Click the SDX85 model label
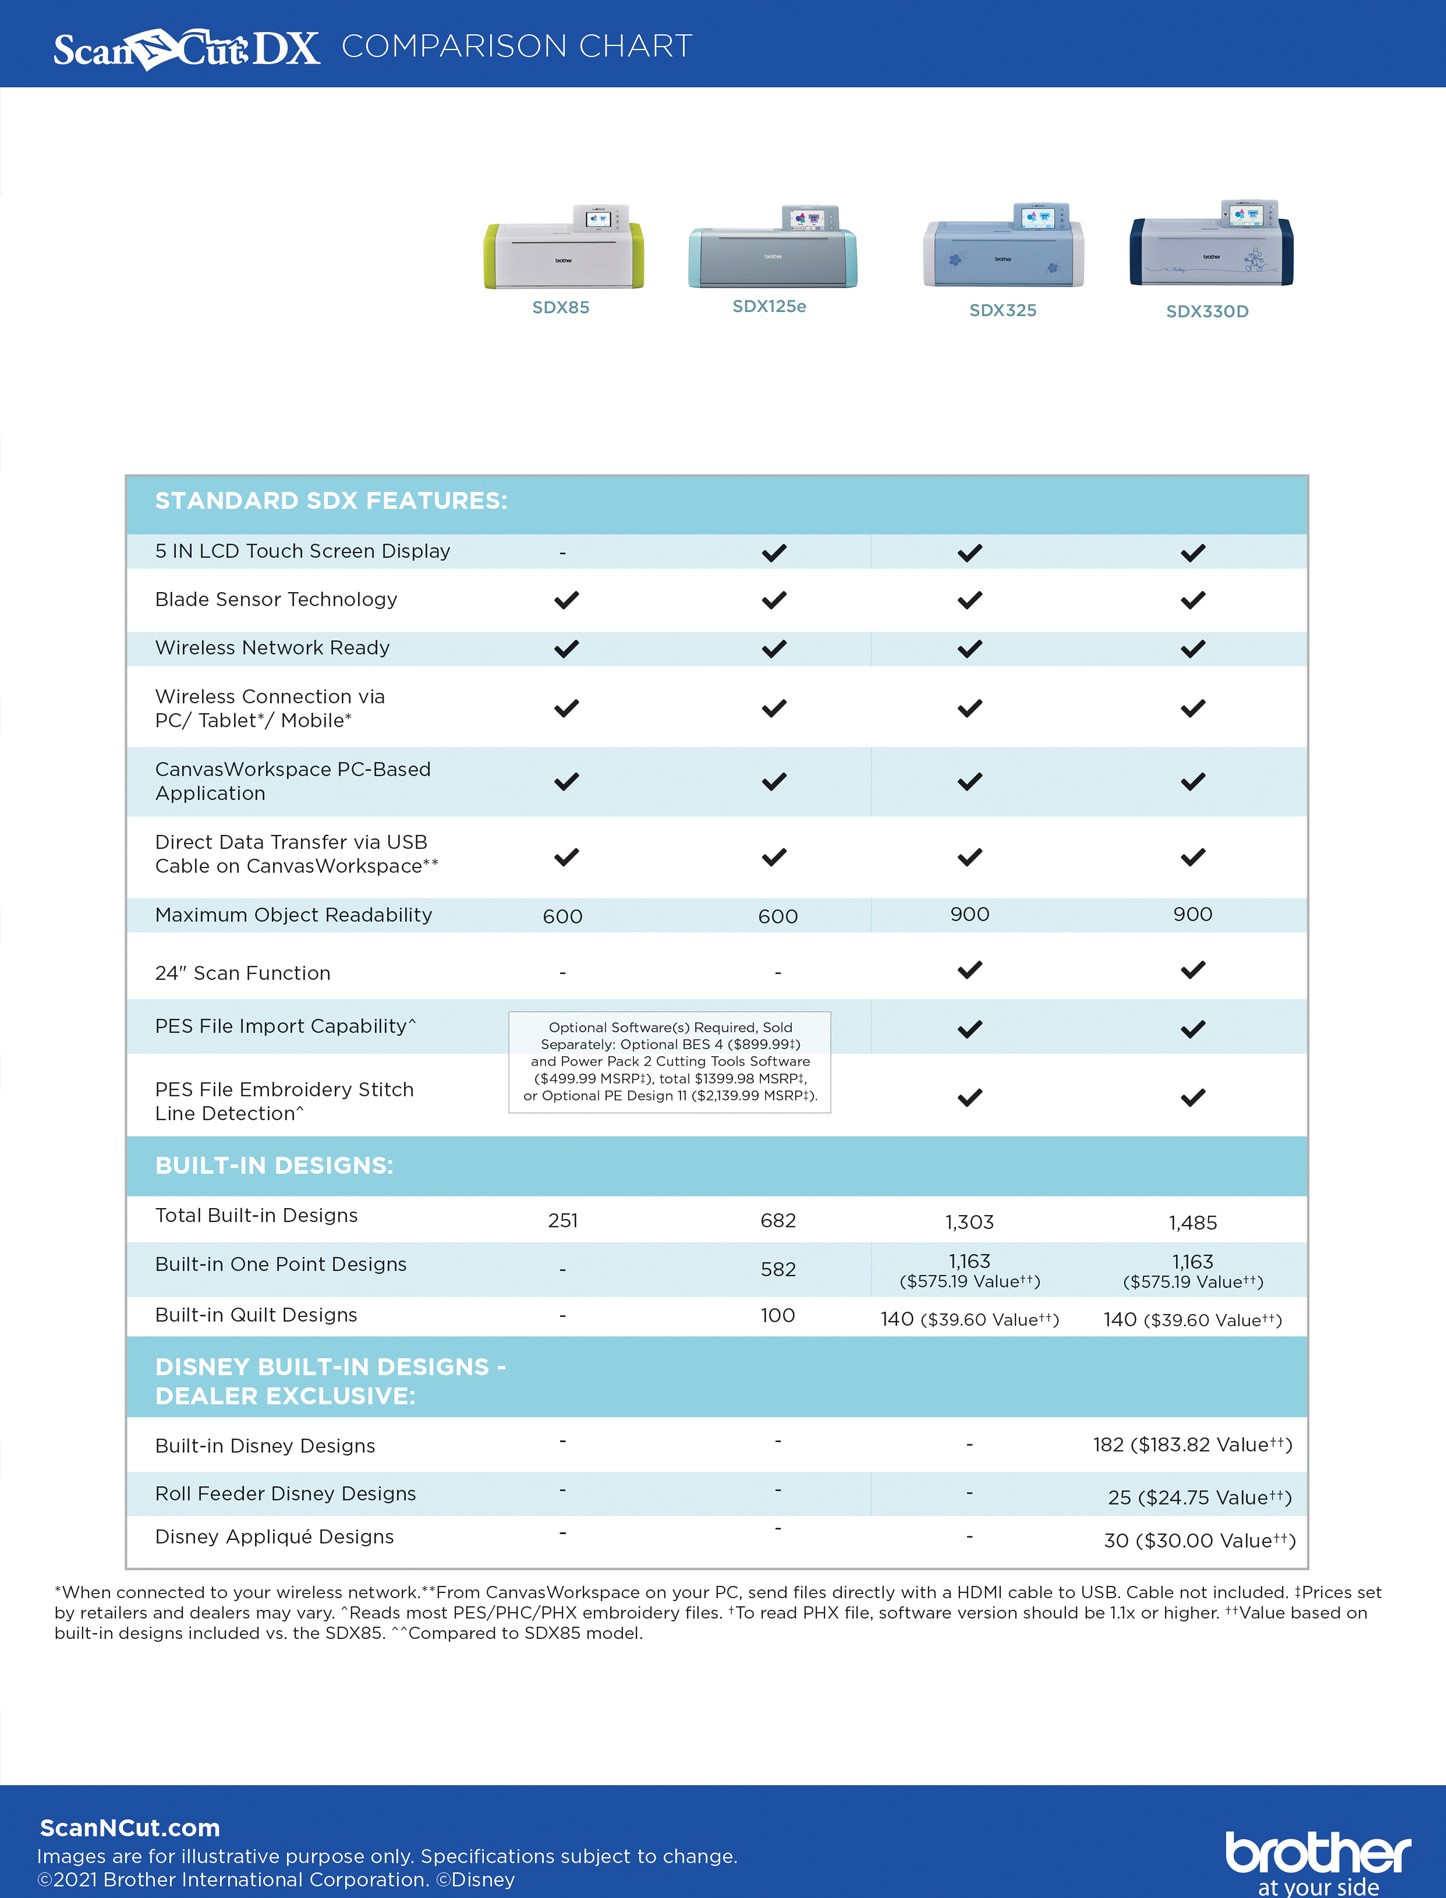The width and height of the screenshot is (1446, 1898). (x=560, y=308)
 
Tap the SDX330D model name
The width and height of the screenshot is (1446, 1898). (x=1207, y=311)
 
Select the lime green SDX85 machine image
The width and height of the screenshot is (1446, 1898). (x=564, y=247)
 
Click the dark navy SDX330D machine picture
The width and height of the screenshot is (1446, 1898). (x=1211, y=244)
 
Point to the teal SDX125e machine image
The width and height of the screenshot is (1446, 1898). (x=772, y=247)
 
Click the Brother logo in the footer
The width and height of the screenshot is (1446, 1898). (x=1318, y=1861)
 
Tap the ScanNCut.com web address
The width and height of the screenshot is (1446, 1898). (x=130, y=1828)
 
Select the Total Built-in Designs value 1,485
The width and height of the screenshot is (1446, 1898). (x=1193, y=1222)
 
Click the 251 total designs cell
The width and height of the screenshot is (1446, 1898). (x=563, y=1220)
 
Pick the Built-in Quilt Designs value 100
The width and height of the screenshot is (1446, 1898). (x=778, y=1315)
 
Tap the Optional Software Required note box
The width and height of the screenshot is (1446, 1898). (x=670, y=1061)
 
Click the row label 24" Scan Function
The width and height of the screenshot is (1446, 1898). (x=243, y=973)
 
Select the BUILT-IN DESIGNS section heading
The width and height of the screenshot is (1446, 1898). (x=274, y=1165)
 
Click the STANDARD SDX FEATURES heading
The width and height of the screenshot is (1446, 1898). (x=331, y=501)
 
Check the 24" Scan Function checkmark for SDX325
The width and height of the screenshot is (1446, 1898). (x=970, y=970)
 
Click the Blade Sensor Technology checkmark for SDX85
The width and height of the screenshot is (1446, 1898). (x=566, y=600)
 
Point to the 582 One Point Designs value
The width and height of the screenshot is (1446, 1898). (x=778, y=1269)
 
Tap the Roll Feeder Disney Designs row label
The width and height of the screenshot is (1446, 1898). (x=285, y=1493)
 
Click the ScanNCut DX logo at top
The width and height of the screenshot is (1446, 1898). (x=187, y=48)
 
